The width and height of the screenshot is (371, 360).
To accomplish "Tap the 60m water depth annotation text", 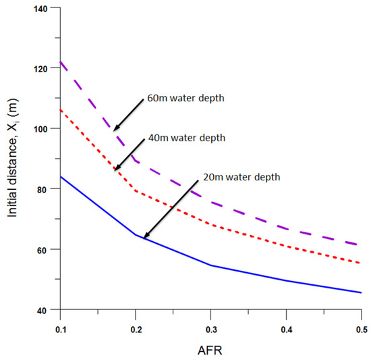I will [x=185, y=99].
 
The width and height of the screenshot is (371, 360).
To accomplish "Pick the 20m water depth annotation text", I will [x=241, y=177].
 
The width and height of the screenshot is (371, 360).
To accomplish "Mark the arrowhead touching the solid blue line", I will [x=144, y=237].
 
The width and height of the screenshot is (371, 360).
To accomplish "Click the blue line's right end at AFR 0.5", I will [x=361, y=292].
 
